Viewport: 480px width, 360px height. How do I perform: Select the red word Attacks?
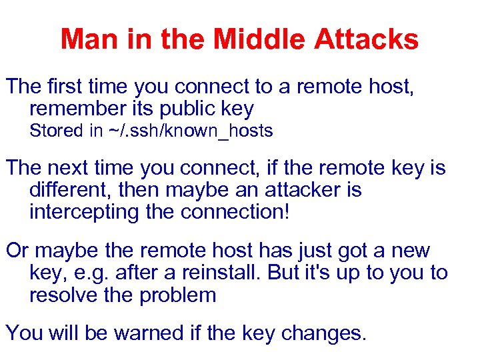click(366, 39)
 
